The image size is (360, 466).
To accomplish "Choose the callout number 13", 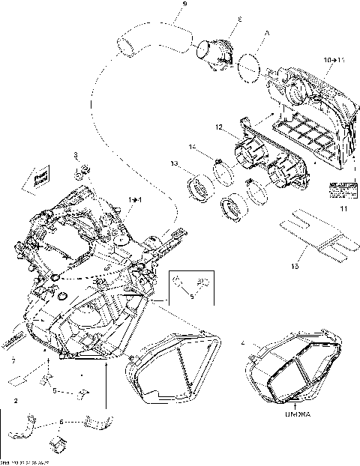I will click(173, 163).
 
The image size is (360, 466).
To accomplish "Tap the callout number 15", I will click(295, 265).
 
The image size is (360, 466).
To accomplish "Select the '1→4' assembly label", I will click(136, 199).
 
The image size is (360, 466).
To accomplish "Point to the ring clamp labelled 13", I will click(202, 187).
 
